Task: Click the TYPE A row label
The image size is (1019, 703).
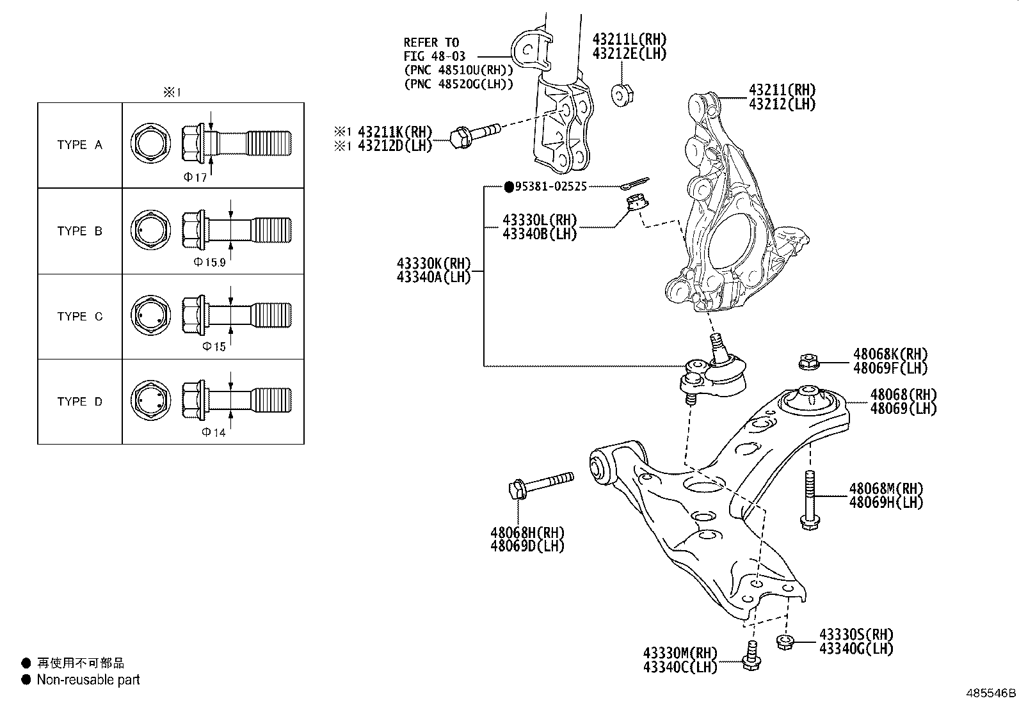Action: [x=79, y=145]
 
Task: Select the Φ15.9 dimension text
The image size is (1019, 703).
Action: [x=209, y=262]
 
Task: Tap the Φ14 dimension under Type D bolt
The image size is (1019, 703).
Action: [x=214, y=432]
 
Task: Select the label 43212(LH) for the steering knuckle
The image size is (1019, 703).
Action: [x=782, y=104]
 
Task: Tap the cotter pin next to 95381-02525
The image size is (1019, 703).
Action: [x=635, y=184]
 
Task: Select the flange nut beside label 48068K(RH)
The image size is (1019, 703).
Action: [x=806, y=363]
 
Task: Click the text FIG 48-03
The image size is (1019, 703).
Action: [x=434, y=56]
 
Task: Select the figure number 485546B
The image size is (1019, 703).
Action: [x=991, y=693]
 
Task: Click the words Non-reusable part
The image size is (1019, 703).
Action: [x=88, y=680]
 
